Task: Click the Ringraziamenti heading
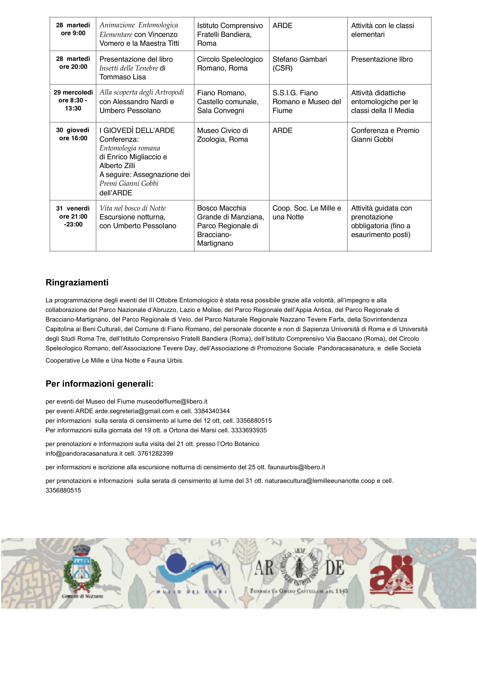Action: pyautogui.click(x=77, y=282)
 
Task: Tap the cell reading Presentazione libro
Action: pyautogui.click(x=382, y=59)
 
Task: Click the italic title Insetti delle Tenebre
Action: pyautogui.click(x=129, y=68)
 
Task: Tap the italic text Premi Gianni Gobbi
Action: pyautogui.click(x=129, y=183)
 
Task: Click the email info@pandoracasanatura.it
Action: pyautogui.click(x=84, y=453)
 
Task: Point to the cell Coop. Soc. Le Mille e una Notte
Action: pyautogui.click(x=307, y=212)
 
